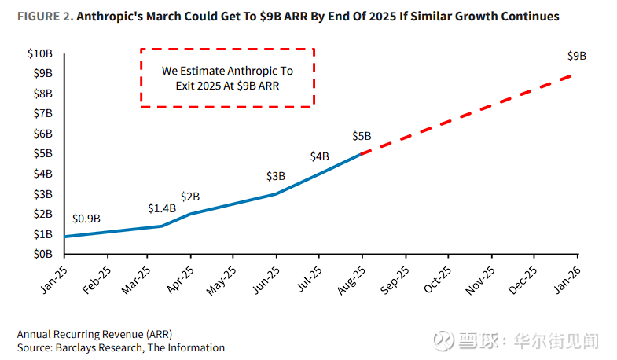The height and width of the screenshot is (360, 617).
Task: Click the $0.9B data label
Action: point(86,219)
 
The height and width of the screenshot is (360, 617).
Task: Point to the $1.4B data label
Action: point(162,208)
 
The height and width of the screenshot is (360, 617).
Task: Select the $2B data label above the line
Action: point(190,196)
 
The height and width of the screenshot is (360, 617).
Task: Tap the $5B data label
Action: point(362,136)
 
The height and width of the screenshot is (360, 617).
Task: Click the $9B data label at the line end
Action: point(576,56)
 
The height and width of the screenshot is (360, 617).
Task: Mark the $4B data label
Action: point(319,156)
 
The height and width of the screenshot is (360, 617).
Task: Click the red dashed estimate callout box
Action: point(227,77)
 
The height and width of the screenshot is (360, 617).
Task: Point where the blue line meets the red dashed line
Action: point(362,154)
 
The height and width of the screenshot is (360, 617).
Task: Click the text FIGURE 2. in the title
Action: point(42,15)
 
